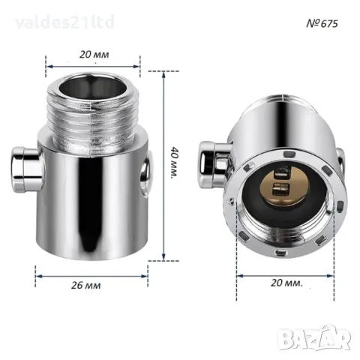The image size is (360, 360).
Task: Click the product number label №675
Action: point(322,23)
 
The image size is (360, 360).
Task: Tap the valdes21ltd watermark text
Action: point(64,22)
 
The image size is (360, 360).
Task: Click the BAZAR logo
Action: point(314,337)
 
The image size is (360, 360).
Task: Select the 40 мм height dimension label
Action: point(175,163)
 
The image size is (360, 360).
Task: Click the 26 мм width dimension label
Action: point(85,285)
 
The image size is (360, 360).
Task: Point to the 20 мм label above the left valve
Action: point(94,55)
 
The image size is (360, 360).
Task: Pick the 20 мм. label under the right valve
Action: point(286,283)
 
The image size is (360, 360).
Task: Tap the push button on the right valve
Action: point(213,164)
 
